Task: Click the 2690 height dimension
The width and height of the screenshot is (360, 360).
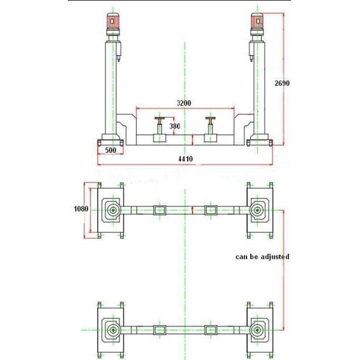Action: click(282, 83)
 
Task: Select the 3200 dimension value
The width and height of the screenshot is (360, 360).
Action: click(184, 103)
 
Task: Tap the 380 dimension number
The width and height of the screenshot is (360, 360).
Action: click(175, 127)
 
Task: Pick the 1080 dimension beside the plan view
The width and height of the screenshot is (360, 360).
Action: click(80, 209)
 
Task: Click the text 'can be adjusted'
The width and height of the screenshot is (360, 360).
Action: click(262, 256)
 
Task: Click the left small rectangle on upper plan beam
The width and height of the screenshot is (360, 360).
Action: click(160, 210)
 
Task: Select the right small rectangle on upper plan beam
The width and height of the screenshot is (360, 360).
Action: click(210, 210)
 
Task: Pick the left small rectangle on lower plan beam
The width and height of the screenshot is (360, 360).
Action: click(160, 329)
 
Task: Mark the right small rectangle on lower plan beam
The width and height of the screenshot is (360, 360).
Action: click(210, 329)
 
